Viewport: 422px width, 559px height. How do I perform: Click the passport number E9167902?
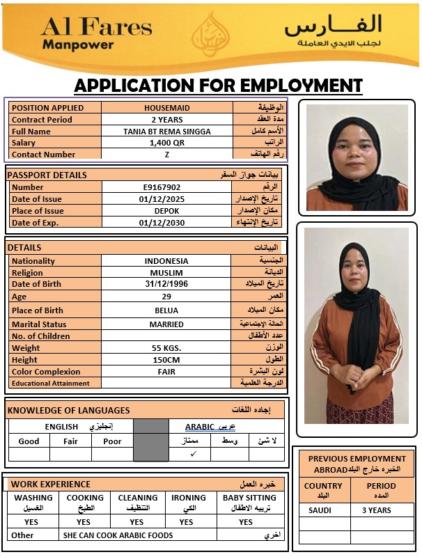click(x=162, y=187)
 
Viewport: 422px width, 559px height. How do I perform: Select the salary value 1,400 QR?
click(x=166, y=143)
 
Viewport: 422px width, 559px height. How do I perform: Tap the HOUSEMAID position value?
click(x=166, y=108)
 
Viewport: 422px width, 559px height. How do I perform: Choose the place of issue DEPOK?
click(x=166, y=211)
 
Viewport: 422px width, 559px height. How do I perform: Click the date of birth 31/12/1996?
click(x=166, y=284)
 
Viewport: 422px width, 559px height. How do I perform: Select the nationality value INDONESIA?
click(x=166, y=261)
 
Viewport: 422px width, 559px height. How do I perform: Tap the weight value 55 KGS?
click(x=166, y=348)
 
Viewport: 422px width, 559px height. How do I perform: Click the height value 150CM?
click(x=166, y=360)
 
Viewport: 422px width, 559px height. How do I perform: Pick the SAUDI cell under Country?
click(x=320, y=510)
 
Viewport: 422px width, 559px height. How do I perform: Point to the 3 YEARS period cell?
click(x=376, y=510)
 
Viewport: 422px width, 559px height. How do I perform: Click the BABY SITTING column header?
click(x=249, y=502)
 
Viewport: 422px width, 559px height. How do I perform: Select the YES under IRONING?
click(x=186, y=522)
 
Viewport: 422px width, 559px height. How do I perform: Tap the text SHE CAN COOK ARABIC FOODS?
click(x=118, y=535)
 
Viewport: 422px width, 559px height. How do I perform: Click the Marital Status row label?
click(x=39, y=324)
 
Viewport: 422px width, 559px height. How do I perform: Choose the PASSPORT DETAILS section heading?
click(x=47, y=175)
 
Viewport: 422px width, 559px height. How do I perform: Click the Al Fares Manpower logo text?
click(x=96, y=33)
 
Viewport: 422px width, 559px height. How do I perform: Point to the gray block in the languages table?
click(x=150, y=441)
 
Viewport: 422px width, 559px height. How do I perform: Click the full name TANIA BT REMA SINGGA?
click(x=166, y=132)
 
